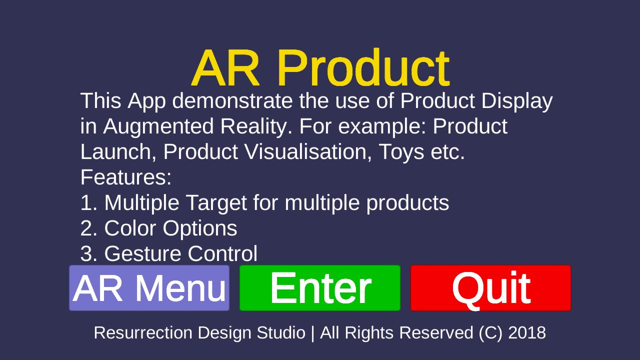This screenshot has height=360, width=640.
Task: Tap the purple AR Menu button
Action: [x=149, y=288]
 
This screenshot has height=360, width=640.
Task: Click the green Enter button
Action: [x=320, y=288]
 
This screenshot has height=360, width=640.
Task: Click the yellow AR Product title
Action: [x=321, y=67]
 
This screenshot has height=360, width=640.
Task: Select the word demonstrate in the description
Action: [x=232, y=100]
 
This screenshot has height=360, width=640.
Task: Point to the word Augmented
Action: [x=158, y=127]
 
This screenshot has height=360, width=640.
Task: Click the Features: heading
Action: [x=126, y=177]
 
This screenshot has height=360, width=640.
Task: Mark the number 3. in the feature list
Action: [x=89, y=253]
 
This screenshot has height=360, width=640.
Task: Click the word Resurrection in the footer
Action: [x=143, y=333]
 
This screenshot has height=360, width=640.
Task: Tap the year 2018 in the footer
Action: [x=527, y=333]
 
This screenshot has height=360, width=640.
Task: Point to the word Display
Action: [x=517, y=101]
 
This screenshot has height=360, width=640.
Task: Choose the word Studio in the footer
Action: [x=281, y=333]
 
